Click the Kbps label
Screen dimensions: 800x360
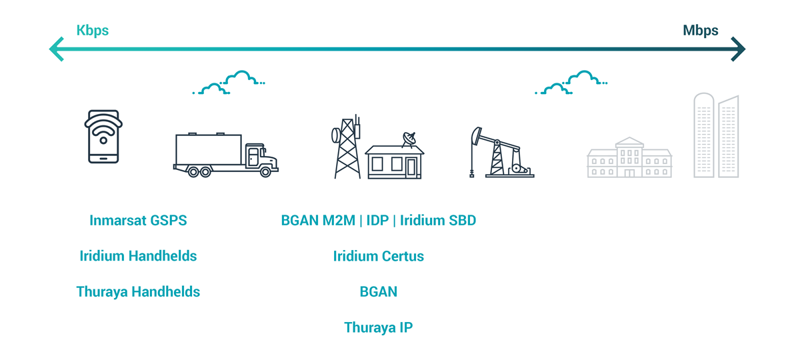93,31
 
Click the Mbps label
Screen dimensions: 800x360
701,31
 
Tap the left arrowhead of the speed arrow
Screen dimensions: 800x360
57,49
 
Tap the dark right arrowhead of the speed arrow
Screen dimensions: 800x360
738,49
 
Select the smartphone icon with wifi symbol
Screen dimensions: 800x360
103,137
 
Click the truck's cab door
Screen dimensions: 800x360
253,157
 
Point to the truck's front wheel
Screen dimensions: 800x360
265,172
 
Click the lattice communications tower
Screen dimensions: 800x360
347,147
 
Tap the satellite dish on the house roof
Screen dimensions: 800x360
409,139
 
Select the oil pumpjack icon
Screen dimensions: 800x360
502,153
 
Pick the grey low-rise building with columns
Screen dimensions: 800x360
629,157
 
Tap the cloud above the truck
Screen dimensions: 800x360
229,83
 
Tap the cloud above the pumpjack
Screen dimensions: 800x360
571,83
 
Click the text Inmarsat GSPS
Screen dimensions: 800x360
138,221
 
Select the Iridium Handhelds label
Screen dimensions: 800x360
138,256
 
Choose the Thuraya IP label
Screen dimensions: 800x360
379,327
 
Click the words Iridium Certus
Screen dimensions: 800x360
379,256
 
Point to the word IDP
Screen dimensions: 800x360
377,221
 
